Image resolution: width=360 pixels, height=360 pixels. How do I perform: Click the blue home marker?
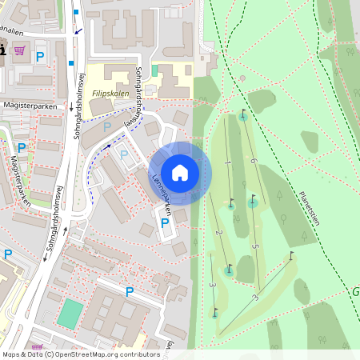tap(180, 172)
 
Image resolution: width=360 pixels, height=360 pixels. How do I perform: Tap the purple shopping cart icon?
tap(19, 50)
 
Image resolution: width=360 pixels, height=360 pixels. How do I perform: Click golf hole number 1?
tap(228, 163)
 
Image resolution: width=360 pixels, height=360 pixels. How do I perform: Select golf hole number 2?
tap(218, 233)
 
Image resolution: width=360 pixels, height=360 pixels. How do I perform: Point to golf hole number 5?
tap(254, 246)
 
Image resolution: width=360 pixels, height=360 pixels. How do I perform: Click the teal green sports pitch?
tap(70, 313)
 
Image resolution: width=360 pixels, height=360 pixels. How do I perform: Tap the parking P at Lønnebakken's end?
tap(165, 223)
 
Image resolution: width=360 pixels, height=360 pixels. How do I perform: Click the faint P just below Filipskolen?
tap(106, 126)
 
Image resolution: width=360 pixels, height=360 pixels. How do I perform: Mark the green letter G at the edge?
tap(355, 292)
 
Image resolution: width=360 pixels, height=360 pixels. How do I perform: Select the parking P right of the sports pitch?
tap(129, 292)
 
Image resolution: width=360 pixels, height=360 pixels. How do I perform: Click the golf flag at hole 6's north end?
tap(243, 114)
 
